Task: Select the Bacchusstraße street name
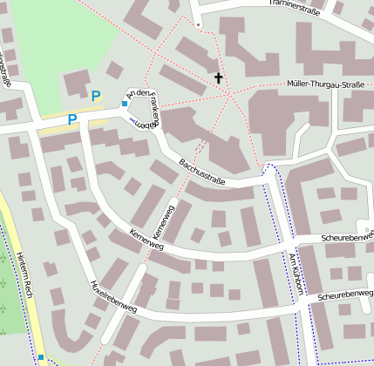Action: pyautogui.click(x=202, y=171)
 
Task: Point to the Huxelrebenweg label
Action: pyautogui.click(x=113, y=296)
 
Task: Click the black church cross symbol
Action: pyautogui.click(x=218, y=78)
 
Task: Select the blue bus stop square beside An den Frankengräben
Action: pyautogui.click(x=125, y=104)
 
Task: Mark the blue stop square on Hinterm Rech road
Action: pyautogui.click(x=41, y=356)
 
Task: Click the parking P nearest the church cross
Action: pyautogui.click(x=96, y=97)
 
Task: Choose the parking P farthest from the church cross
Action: pyautogui.click(x=72, y=119)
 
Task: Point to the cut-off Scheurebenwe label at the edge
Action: pyautogui.click(x=346, y=235)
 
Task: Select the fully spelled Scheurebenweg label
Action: pyautogui.click(x=345, y=297)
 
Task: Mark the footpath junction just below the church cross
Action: pyautogui.click(x=230, y=95)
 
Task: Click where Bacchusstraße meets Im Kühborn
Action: pyautogui.click(x=269, y=180)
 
